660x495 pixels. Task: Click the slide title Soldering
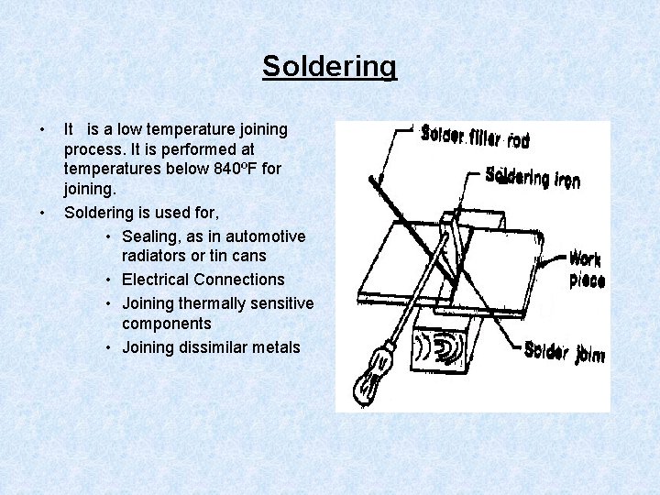tap(329, 67)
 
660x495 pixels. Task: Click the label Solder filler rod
tap(475, 137)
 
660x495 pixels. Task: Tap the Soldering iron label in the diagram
tap(532, 177)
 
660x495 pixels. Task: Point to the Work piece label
tap(586, 269)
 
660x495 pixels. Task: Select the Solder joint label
tap(564, 352)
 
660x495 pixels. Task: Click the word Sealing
tap(151, 236)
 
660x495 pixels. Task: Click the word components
tap(166, 324)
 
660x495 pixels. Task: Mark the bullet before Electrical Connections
tap(109, 280)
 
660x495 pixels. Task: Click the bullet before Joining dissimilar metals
tap(109, 346)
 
